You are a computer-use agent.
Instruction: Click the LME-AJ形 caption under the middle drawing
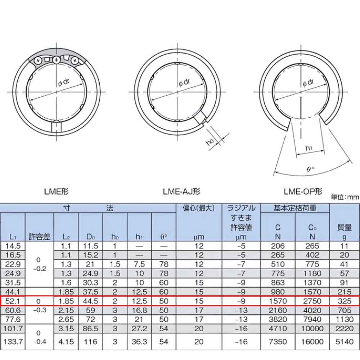[181, 192]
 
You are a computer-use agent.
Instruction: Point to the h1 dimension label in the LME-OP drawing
[309, 148]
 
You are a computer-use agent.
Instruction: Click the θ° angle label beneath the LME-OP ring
[310, 168]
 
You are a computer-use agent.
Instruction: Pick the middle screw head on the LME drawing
[57, 60]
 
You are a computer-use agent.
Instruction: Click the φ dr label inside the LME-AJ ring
[184, 83]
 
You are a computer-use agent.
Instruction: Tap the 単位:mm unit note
[345, 197]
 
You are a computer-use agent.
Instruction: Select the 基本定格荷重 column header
[295, 208]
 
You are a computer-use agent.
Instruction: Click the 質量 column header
[345, 228]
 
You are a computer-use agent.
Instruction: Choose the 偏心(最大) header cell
[198, 208]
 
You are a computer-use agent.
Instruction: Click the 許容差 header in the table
[39, 237]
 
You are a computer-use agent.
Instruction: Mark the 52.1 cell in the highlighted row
[13, 301]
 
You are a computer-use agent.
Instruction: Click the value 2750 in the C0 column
[312, 301]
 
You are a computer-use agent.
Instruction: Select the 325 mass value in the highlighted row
[345, 301]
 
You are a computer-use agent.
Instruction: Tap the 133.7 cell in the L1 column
[13, 341]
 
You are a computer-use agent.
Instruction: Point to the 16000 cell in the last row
[312, 341]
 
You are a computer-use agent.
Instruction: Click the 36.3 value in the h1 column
[139, 341]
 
